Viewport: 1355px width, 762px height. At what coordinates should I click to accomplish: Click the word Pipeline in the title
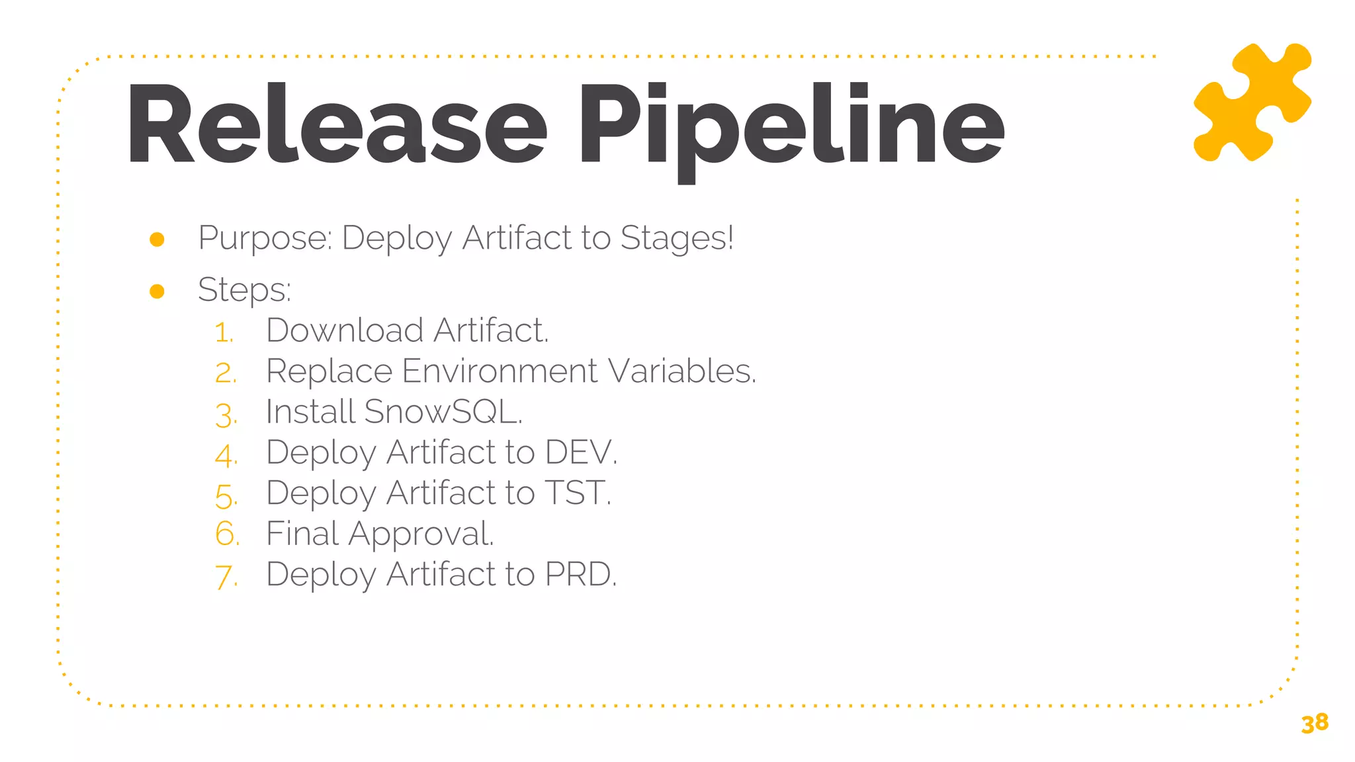pos(791,126)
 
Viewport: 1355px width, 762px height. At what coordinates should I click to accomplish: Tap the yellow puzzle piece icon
pos(1252,102)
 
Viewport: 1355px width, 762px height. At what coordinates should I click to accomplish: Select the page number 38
pos(1314,723)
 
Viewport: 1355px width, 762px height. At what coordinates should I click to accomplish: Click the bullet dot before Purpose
pos(157,239)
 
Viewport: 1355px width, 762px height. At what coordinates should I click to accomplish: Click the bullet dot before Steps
pos(157,291)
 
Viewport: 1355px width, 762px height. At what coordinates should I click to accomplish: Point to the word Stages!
pos(677,238)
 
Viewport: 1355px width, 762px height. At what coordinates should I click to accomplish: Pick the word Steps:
pos(244,290)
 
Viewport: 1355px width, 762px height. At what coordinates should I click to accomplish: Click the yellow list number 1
pos(224,332)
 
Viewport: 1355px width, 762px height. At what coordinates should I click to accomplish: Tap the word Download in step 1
pos(344,330)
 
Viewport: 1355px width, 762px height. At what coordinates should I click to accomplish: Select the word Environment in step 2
pos(500,371)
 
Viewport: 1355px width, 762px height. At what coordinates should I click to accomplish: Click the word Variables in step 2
pos(681,371)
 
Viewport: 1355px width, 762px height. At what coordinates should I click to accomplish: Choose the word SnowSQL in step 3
pos(443,411)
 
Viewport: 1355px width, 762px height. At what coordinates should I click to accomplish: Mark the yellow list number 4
pos(226,455)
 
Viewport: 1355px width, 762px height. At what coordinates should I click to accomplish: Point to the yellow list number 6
pos(226,534)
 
